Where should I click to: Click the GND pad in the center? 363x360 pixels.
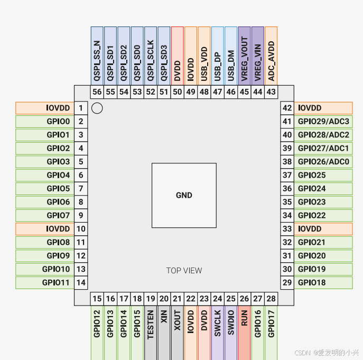[184, 195]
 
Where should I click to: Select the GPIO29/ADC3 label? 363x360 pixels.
[323, 122]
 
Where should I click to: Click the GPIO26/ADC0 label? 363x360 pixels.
[323, 162]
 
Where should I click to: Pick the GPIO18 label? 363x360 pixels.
[323, 283]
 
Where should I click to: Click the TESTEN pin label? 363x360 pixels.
[151, 324]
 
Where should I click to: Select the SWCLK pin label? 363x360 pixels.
[217, 324]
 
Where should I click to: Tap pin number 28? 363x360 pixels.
[271, 299]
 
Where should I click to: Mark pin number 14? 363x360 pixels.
[81, 283]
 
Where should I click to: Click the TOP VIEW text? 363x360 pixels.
[184, 270]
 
